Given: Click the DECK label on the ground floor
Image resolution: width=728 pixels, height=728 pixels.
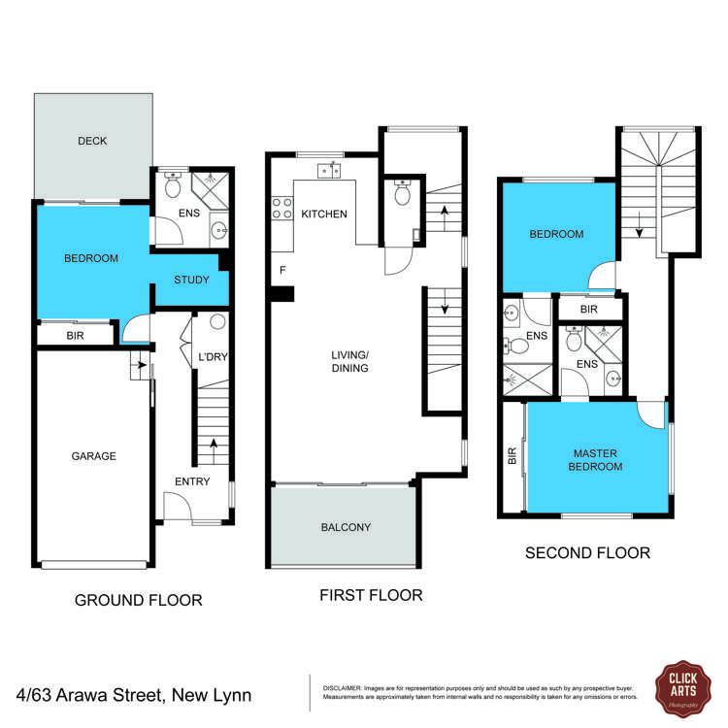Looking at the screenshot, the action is point(92,141).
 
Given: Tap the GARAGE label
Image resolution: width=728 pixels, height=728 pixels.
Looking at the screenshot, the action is point(94,456).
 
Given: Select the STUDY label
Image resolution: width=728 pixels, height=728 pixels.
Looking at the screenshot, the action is point(191,280).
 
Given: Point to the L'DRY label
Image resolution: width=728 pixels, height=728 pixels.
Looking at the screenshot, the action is point(214,356).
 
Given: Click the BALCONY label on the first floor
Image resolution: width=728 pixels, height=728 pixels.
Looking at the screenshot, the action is point(346,527).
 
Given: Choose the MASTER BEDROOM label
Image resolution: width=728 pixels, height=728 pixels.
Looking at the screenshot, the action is point(595,460).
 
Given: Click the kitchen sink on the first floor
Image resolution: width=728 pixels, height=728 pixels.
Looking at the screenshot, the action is point(329,171).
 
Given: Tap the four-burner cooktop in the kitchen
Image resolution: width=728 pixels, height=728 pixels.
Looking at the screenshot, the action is point(281,208).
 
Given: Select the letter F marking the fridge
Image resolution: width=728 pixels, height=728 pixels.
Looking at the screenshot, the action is point(282,270).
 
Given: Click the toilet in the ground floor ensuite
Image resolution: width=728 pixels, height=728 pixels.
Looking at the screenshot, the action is point(173,184).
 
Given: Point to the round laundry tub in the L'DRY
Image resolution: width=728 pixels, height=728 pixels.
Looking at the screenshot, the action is point(217,321).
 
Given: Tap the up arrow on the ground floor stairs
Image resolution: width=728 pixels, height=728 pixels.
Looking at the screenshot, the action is point(214,450).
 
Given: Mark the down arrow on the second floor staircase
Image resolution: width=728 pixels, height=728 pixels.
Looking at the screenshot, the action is point(640,225).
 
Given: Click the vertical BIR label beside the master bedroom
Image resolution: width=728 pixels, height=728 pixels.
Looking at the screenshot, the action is point(513,456).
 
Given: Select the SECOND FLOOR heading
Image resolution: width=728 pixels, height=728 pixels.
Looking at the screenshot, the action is point(588,552).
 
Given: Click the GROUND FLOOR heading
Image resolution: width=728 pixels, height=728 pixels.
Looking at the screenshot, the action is point(139,600).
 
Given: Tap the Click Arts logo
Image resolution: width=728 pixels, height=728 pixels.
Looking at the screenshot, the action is point(683,688).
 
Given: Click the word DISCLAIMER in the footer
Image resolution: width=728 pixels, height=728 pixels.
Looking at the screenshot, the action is point(343,688).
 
